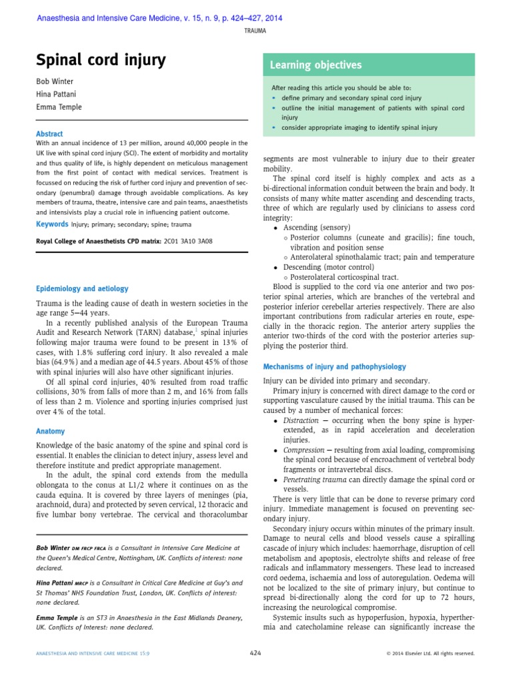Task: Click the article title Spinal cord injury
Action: pos(101,61)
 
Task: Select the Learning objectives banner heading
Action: pos(315,65)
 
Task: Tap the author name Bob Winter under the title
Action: pos(55,82)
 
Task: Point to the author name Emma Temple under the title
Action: pos(59,107)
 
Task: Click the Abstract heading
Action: pos(49,134)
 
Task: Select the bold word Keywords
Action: pos(52,224)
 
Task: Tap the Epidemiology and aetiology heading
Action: pos(82,288)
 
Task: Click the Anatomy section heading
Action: pos(51,431)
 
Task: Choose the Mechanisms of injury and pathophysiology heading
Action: pos(334,366)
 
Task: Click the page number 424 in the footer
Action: pos(255,653)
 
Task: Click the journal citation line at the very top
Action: pos(159,18)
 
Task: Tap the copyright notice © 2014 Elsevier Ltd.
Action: pos(431,654)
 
